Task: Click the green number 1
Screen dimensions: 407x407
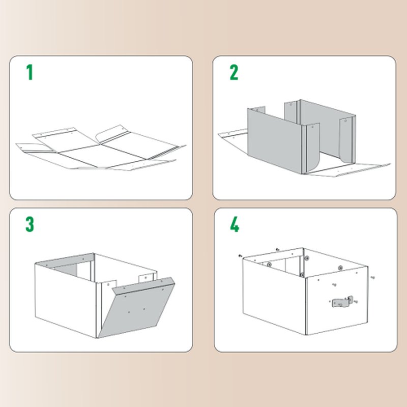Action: [x=30, y=72]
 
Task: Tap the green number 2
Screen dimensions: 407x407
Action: [x=234, y=72]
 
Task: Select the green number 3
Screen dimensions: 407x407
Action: [x=30, y=224]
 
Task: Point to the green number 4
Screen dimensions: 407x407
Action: [x=234, y=224]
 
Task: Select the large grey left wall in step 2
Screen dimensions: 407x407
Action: [x=275, y=140]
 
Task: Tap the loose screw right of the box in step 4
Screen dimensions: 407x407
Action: [x=373, y=277]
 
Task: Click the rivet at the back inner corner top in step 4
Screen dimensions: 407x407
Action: [x=307, y=258]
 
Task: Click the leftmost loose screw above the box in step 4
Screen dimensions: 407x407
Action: [x=239, y=255]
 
